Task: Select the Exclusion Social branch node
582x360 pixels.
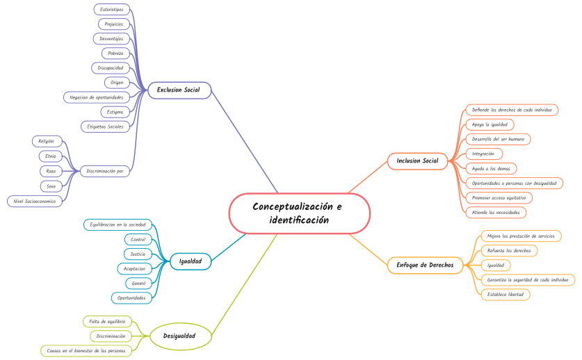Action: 178,90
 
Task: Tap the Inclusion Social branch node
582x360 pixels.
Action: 417,161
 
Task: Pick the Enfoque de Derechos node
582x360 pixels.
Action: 425,265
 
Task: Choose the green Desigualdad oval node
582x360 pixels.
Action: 179,336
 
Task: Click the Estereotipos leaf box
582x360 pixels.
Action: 111,9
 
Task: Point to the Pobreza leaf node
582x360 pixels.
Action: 115,53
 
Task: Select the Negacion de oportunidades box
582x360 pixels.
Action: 97,97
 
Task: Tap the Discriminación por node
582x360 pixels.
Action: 106,171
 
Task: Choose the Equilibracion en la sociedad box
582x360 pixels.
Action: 118,224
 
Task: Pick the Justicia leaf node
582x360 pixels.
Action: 138,254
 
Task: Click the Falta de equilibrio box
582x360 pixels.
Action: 107,321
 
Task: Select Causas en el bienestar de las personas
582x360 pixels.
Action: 86,351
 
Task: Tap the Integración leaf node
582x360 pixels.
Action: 483,154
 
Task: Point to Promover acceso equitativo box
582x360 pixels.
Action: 498,197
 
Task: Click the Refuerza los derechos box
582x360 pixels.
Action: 509,250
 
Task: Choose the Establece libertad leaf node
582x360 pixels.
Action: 506,294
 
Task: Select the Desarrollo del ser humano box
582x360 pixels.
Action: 498,139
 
